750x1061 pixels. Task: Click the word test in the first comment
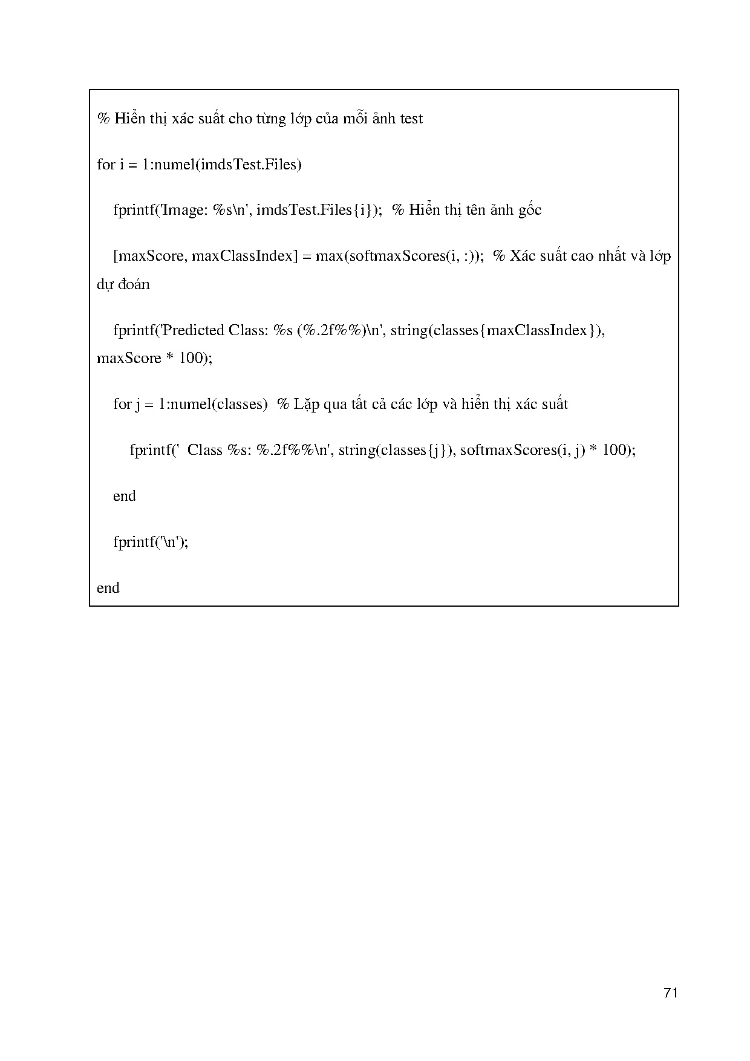click(411, 119)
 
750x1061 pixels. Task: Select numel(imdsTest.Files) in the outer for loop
click(227, 165)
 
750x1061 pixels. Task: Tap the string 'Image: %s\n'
click(205, 211)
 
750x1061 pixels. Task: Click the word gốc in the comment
click(529, 211)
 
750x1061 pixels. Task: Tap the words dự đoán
click(123, 284)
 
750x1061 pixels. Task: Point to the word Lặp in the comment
click(307, 404)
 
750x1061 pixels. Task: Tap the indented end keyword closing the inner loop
click(124, 496)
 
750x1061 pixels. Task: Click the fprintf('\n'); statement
click(151, 542)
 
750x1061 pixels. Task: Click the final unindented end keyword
click(108, 588)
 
